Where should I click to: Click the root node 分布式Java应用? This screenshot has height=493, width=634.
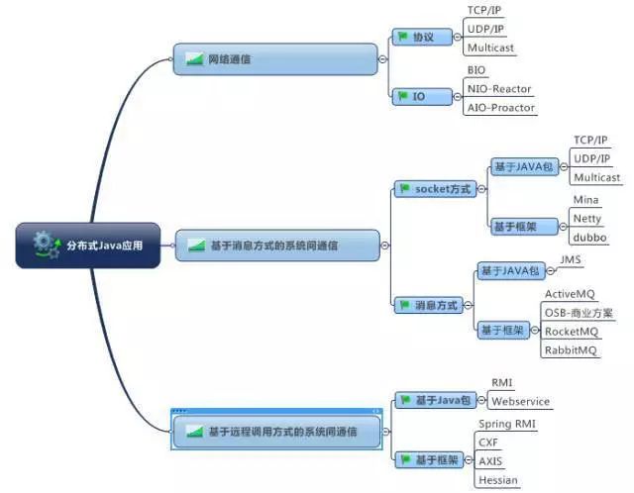(x=88, y=246)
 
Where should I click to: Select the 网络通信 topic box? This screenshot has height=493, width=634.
(x=275, y=59)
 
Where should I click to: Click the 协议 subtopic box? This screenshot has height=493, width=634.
(x=422, y=37)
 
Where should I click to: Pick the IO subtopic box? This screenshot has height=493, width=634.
(x=422, y=97)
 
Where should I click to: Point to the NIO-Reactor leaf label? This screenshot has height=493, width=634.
(x=499, y=89)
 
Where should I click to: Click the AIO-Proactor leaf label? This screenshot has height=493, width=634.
(x=501, y=108)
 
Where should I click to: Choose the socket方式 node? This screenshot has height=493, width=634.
(x=436, y=189)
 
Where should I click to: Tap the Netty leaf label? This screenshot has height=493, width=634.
(x=587, y=219)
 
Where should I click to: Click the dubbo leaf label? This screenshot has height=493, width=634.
(x=589, y=238)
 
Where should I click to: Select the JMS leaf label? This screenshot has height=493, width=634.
(x=571, y=259)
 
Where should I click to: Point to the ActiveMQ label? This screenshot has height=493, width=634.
(x=570, y=294)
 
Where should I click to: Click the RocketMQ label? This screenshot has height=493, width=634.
(x=572, y=332)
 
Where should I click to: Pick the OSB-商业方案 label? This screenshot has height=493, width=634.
(x=579, y=313)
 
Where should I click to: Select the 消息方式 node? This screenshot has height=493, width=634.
(x=429, y=305)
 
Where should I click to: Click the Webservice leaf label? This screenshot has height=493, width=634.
(x=520, y=402)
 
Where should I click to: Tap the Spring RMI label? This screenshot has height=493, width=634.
(x=507, y=424)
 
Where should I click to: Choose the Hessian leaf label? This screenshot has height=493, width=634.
(x=497, y=480)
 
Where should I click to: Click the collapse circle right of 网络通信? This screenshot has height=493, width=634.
(x=382, y=59)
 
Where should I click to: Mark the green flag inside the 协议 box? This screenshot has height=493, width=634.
(x=402, y=37)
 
